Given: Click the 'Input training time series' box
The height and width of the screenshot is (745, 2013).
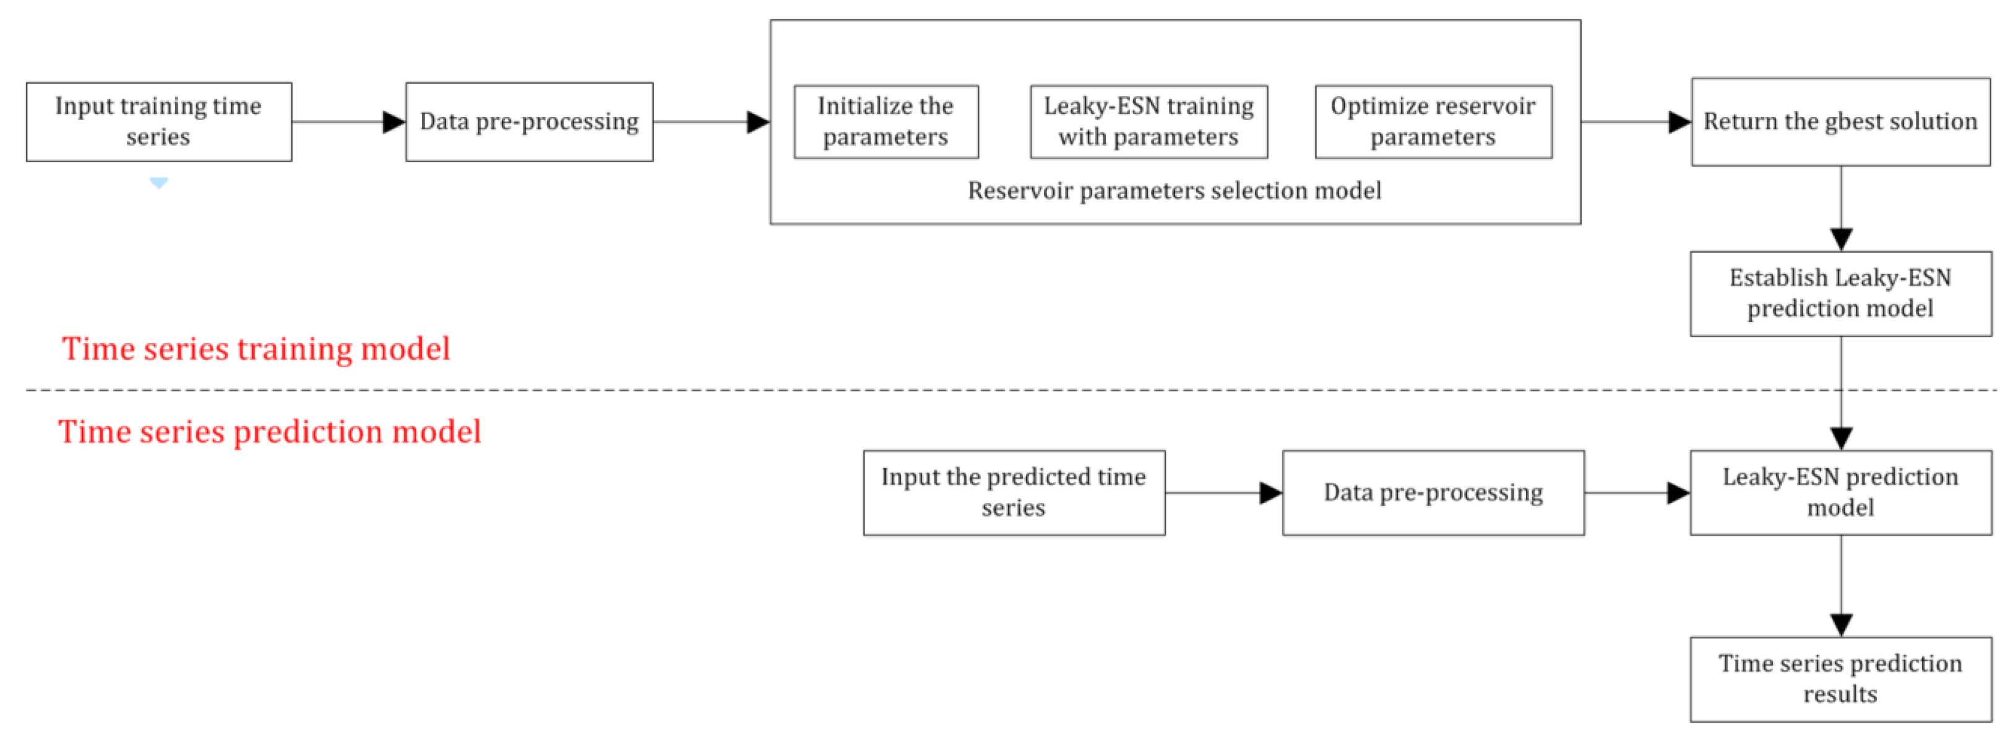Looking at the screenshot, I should [158, 122].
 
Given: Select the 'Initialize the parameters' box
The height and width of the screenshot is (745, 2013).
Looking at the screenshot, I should [886, 122].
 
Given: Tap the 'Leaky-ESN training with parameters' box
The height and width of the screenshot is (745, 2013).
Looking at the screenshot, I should [1148, 122].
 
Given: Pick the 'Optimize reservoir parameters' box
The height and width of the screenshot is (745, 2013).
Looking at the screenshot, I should [1433, 122].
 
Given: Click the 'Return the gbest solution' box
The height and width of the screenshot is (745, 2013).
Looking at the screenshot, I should [1840, 122].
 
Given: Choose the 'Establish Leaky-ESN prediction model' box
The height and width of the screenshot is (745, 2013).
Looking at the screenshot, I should [1840, 293].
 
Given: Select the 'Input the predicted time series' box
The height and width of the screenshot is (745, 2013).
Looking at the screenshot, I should [1014, 492].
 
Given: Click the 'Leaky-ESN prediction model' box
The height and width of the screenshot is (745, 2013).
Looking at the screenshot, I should [1840, 492].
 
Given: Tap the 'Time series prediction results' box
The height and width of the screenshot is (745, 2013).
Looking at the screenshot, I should [1840, 679].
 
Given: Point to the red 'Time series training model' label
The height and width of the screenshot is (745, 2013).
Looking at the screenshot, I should [256, 349].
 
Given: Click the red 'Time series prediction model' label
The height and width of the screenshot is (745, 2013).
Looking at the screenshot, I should [270, 432].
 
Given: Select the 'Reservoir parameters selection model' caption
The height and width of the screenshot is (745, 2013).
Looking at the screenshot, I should [1174, 191].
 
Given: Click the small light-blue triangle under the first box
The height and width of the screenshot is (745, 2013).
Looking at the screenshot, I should [158, 183].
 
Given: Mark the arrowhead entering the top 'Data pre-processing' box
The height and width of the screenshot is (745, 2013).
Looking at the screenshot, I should [394, 122].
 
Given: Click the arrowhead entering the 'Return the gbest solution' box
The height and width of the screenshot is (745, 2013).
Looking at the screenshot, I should [1679, 122].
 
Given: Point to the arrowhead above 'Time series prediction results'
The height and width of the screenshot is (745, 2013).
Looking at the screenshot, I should [1840, 625].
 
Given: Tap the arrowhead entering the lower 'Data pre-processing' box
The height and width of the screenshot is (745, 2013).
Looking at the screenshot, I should [1270, 492].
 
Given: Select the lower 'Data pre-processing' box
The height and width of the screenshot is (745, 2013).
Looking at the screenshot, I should [1433, 492].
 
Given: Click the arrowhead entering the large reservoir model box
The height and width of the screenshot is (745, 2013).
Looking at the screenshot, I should [757, 122].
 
